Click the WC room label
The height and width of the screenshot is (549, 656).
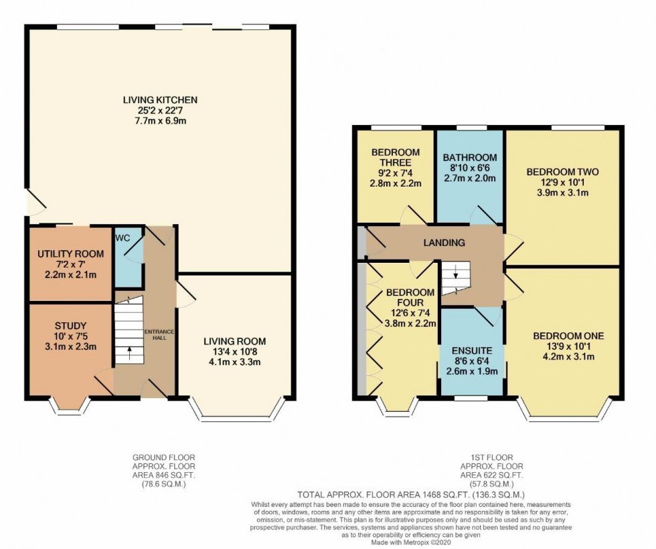coord(122,237)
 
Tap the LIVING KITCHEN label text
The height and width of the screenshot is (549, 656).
coord(160,100)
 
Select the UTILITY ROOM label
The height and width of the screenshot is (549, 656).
coord(70,253)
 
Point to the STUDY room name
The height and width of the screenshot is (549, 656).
coord(70,326)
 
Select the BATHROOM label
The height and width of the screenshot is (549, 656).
coord(469,158)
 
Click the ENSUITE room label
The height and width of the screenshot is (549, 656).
coord(473,350)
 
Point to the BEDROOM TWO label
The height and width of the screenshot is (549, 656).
coord(562,172)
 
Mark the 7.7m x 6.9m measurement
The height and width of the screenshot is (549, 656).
coord(160,122)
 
